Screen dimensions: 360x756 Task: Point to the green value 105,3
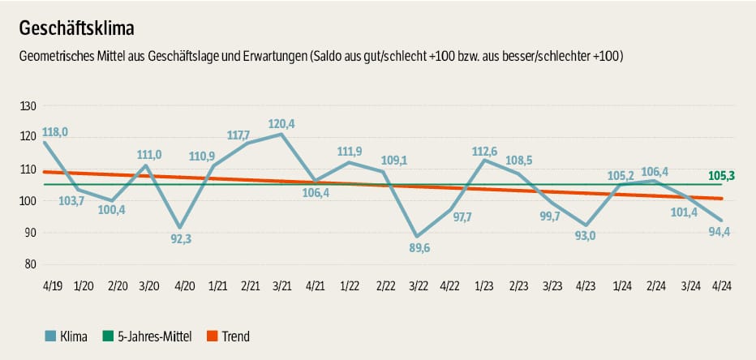coord(723,175)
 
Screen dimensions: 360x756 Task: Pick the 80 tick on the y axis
coord(30,264)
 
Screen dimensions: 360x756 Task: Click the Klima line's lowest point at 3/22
coord(417,237)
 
